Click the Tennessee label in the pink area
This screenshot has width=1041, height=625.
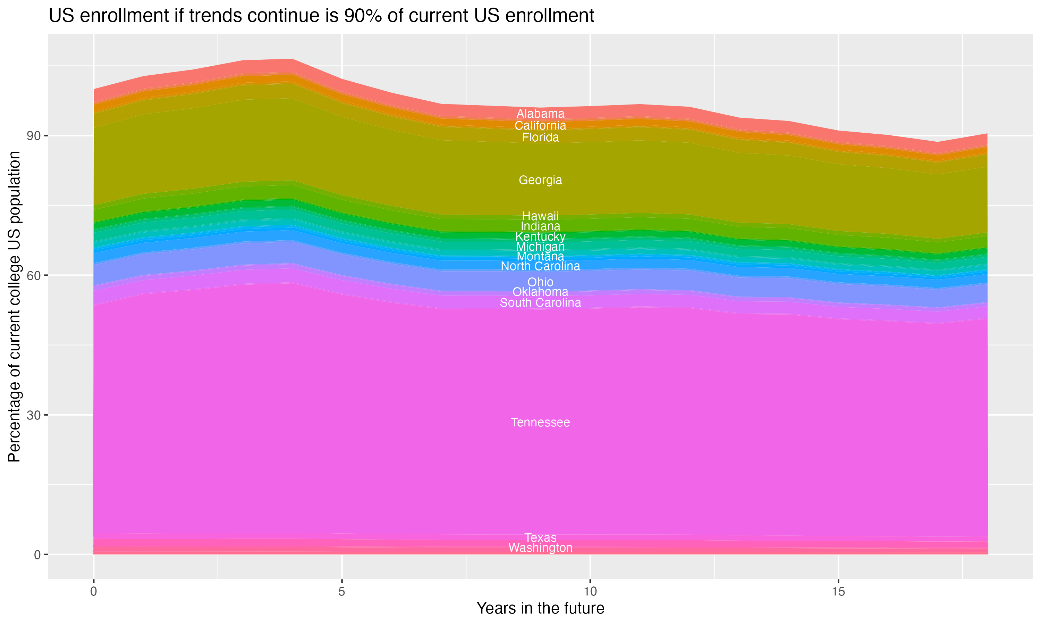pos(540,423)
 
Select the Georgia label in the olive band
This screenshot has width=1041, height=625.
pos(540,180)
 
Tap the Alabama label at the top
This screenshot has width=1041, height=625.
pos(540,114)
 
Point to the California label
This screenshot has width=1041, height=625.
pos(540,125)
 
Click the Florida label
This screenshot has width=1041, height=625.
pos(540,137)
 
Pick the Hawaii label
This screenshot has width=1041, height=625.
pos(540,216)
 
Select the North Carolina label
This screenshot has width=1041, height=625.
pos(540,266)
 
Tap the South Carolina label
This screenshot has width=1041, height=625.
pos(540,303)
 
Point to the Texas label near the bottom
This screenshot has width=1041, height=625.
pos(540,538)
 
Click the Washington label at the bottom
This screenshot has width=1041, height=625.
pos(540,548)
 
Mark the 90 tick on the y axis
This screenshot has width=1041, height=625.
pos(34,136)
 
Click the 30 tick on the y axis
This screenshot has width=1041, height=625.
pos(34,415)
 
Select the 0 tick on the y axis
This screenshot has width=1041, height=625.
pos(37,555)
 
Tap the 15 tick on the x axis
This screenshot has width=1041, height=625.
pos(838,592)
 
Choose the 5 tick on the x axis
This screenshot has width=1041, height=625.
pos(342,592)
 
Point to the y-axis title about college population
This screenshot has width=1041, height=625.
pos(14,307)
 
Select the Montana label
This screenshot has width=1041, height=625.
pos(540,257)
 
